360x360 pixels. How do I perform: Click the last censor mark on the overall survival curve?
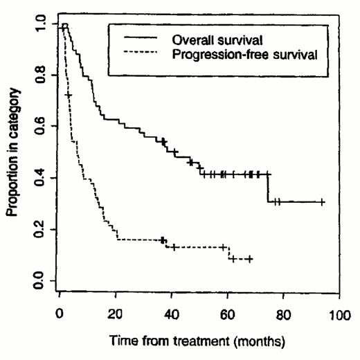pos(322,202)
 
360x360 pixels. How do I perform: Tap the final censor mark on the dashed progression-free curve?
pos(249,259)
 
